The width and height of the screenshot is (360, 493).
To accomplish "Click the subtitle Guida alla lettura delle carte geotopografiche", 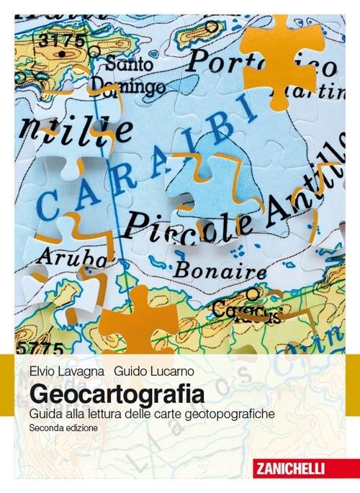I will tap(152, 414).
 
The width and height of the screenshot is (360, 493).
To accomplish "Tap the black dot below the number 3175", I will tap(63, 54).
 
